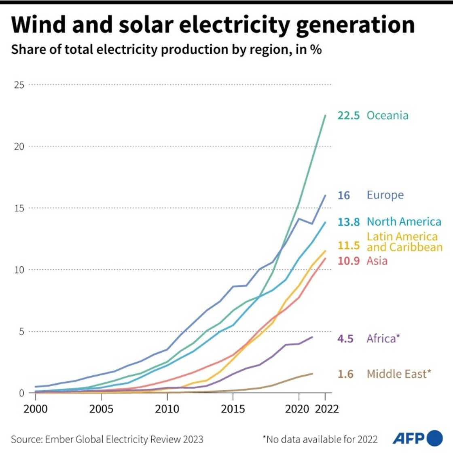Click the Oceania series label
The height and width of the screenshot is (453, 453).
[387, 115]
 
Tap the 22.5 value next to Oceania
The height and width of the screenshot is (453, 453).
[348, 115]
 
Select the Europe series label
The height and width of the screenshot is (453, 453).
[385, 195]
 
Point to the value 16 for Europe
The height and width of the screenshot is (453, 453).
[343, 195]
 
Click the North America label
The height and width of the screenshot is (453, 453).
[404, 222]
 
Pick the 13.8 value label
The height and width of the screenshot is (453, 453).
[348, 222]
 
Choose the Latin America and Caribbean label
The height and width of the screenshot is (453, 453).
[404, 241]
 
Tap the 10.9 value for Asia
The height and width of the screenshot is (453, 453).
[348, 261]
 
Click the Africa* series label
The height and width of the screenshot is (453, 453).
[383, 338]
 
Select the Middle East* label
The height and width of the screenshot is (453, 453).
[399, 374]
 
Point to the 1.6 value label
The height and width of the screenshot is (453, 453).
[345, 374]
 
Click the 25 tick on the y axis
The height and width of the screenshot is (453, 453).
[19, 85]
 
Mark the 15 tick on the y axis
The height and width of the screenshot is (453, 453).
[19, 208]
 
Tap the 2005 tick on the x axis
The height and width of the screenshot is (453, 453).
[101, 409]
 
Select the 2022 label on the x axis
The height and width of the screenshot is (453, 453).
[327, 409]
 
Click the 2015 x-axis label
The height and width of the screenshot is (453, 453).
[233, 409]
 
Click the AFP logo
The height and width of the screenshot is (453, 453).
[417, 438]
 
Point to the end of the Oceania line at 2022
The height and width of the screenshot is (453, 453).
[325, 115]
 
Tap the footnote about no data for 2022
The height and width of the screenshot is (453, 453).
[320, 439]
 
